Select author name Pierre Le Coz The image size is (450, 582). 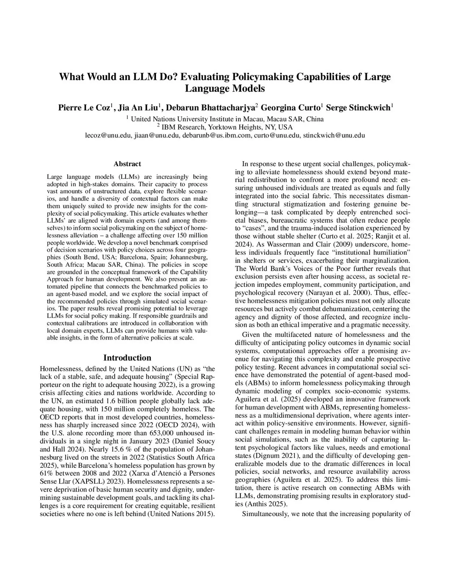coord(84,108)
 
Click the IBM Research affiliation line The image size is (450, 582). coord(225,127)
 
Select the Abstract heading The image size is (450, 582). coord(127,164)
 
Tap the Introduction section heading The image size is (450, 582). coord(127,358)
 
